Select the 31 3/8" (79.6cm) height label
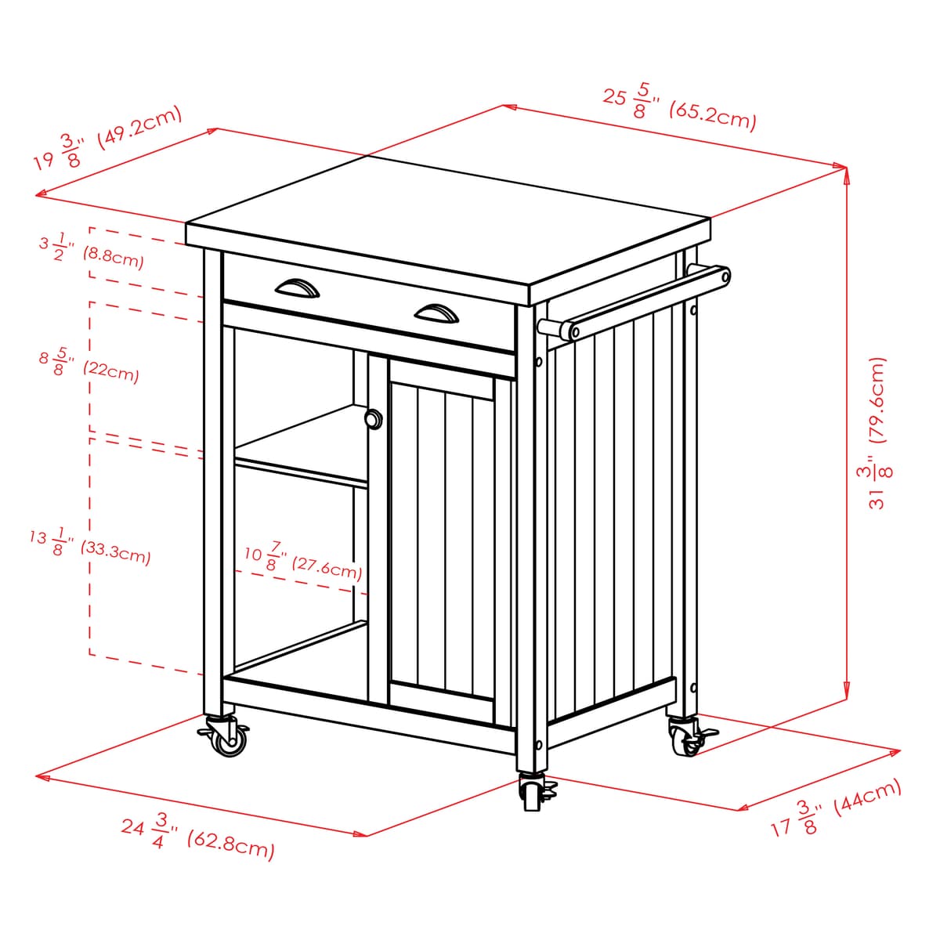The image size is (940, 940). coord(877,433)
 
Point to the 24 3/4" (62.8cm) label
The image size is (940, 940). coord(198,838)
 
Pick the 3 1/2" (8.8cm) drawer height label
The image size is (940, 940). coord(91,251)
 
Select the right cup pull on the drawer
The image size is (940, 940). coord(436,313)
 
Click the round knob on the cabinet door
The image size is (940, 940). coord(374,419)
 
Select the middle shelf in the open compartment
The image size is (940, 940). coord(302,445)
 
